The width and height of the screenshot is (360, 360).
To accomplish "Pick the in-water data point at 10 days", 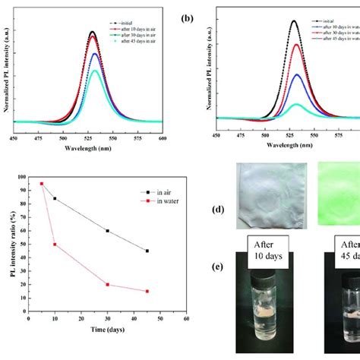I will (x=54, y=244).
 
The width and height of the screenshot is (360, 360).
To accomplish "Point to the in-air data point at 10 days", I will (x=54, y=198).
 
